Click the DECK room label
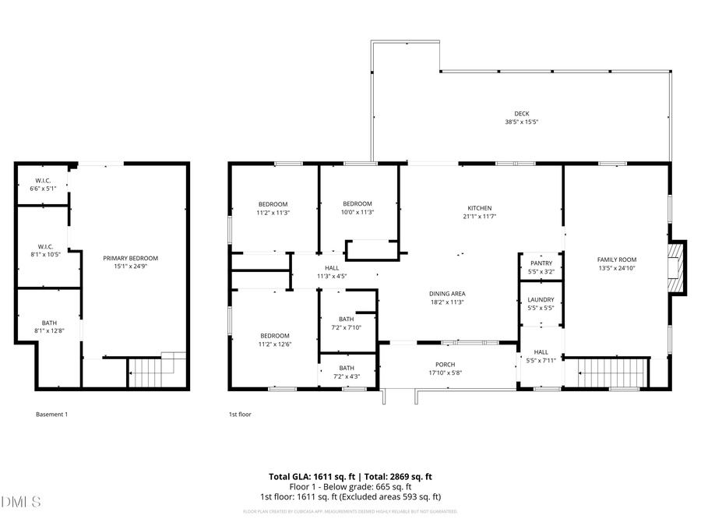click(x=521, y=114)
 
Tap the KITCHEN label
click(x=479, y=208)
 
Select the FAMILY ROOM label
click(x=616, y=259)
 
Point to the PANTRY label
click(x=540, y=263)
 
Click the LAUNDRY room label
click(x=540, y=300)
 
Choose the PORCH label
click(x=445, y=365)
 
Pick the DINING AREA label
click(x=446, y=294)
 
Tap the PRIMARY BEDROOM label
click(x=131, y=258)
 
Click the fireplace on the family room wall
click(x=678, y=267)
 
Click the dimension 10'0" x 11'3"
click(x=358, y=212)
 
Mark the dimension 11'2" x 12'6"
click(x=274, y=344)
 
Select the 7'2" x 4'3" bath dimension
click(x=347, y=376)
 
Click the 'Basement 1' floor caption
click(x=52, y=415)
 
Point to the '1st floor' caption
click(x=240, y=415)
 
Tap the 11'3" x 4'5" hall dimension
click(x=332, y=276)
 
